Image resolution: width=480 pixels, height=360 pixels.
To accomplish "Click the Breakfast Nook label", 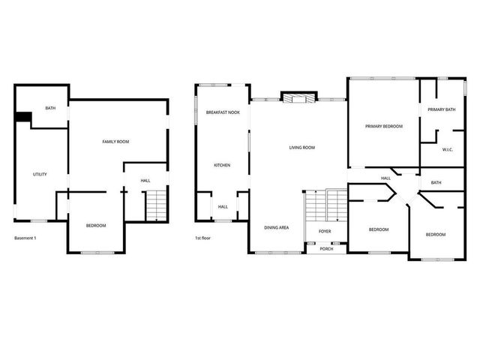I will pos(223,112).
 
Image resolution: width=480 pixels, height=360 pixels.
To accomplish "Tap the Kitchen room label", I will pos(222,165).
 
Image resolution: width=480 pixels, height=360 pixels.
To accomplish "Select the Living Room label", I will pos(301,148).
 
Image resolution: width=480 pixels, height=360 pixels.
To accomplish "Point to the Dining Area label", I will pos(277,227).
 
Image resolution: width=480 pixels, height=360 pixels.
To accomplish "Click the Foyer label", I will pos(325,232).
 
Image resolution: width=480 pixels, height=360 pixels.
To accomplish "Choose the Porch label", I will pos(326,249).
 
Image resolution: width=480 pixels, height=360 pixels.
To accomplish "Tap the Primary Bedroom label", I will pos(384,127).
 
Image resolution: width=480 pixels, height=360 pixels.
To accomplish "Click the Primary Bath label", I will pos(442,110).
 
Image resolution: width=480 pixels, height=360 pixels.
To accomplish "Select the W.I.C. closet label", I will pos(448,149).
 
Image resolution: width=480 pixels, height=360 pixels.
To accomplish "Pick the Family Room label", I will pos(116,142).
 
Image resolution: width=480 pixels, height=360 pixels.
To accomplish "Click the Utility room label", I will pos(40,174).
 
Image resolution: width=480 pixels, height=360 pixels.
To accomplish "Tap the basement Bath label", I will pos(50,109).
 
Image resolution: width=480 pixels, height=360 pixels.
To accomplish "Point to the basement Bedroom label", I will pos(95,226).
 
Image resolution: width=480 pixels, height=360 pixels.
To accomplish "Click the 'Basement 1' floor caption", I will pos(25,238).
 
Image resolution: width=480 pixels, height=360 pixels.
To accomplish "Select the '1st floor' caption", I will pos(202,238).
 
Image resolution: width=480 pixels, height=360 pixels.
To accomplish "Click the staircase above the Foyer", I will pos(325,205).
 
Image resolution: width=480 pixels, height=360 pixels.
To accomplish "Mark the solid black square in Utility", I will pos(23,118).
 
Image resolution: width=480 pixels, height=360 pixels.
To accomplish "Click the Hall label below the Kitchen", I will pos(223,207).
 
